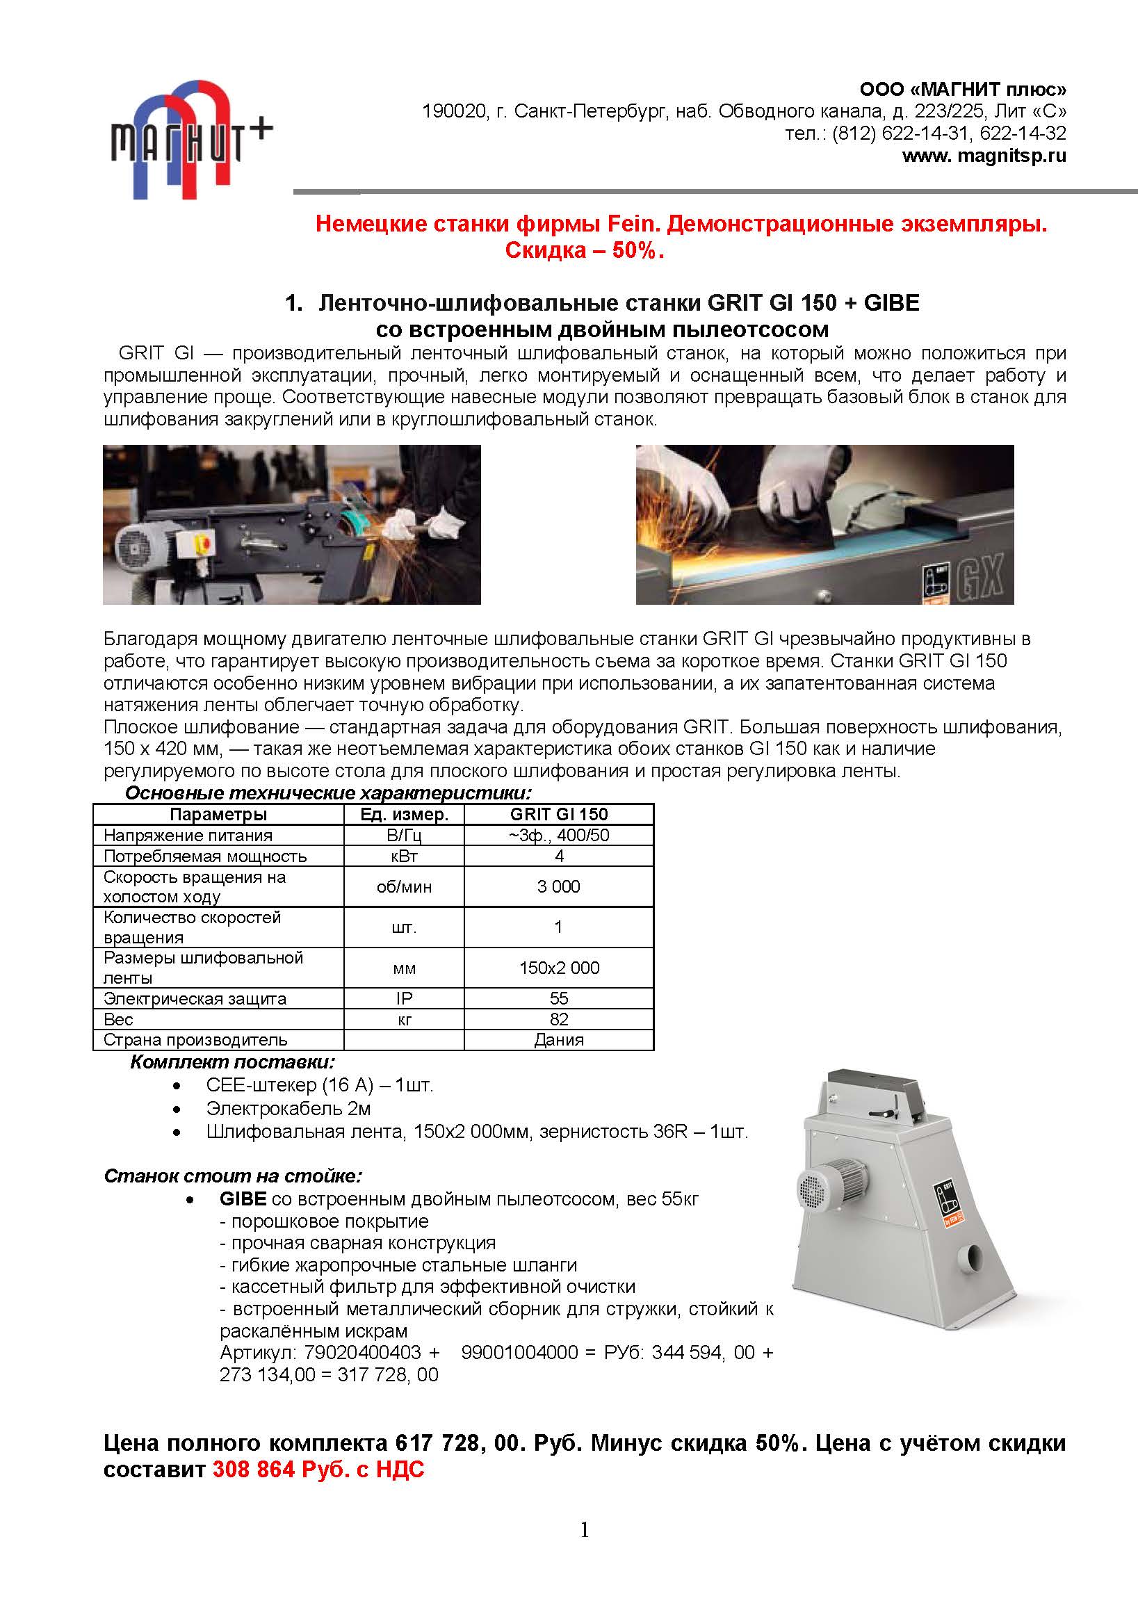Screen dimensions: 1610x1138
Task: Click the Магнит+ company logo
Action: point(185,140)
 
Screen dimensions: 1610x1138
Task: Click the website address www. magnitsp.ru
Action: point(984,156)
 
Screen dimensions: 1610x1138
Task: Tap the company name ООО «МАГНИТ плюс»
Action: point(963,90)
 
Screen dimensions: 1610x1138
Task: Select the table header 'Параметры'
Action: point(218,814)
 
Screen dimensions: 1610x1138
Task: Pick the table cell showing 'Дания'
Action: point(559,1039)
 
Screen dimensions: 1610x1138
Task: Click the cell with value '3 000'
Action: point(559,886)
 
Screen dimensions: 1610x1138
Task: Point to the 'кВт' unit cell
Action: point(404,856)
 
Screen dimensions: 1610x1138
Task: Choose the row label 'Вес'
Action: point(118,1019)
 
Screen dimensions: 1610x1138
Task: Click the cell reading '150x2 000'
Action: point(559,968)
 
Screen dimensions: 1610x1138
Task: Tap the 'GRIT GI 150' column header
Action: point(559,814)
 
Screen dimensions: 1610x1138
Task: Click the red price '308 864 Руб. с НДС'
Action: point(318,1469)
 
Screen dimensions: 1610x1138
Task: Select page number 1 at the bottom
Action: point(585,1530)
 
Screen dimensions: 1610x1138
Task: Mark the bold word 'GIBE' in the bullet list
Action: point(243,1199)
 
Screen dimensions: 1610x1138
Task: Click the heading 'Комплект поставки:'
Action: point(233,1062)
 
